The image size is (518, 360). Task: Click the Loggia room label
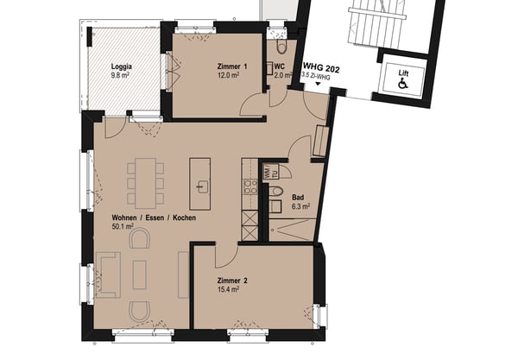(x=122, y=66)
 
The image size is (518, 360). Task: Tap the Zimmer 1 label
(x=232, y=66)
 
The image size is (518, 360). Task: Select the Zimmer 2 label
(x=232, y=281)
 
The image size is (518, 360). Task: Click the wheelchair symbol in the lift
(x=403, y=84)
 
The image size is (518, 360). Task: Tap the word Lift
(x=403, y=73)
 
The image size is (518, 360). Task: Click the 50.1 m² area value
(x=123, y=226)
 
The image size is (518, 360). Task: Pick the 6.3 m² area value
(x=300, y=206)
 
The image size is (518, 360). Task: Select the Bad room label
(x=298, y=198)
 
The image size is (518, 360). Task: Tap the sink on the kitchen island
(x=201, y=186)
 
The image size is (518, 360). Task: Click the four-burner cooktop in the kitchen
(x=250, y=186)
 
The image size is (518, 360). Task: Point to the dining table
(x=145, y=183)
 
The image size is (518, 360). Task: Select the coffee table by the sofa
(x=139, y=275)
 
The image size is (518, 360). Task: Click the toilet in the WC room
(x=281, y=47)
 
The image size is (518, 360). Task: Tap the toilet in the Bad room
(x=276, y=192)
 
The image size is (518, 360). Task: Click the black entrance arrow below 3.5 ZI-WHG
(x=318, y=84)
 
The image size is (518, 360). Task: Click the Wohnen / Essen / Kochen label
(x=154, y=218)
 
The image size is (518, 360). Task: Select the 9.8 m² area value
(x=120, y=75)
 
